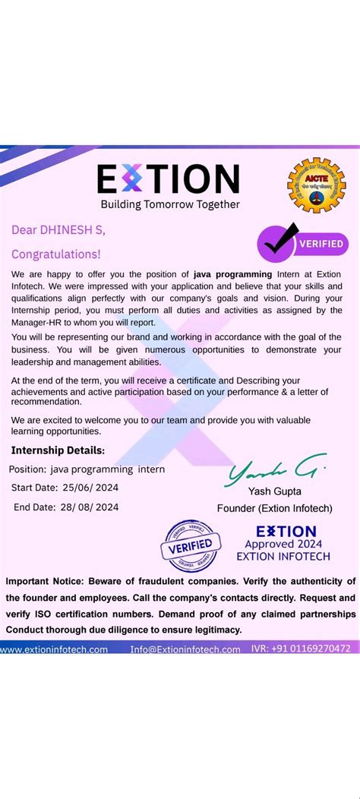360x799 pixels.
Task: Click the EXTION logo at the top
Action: [168, 179]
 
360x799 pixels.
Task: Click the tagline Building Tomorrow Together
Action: [170, 204]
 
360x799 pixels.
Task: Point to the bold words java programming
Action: [232, 273]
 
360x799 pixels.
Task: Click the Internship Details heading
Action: [58, 450]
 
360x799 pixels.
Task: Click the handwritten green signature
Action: [275, 474]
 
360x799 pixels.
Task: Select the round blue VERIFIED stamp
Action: [193, 544]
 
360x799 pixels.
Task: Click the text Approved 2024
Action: [283, 544]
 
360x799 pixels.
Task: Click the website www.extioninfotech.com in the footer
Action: [55, 649]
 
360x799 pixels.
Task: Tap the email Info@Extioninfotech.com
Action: [185, 649]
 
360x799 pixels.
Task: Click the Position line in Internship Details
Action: [87, 469]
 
